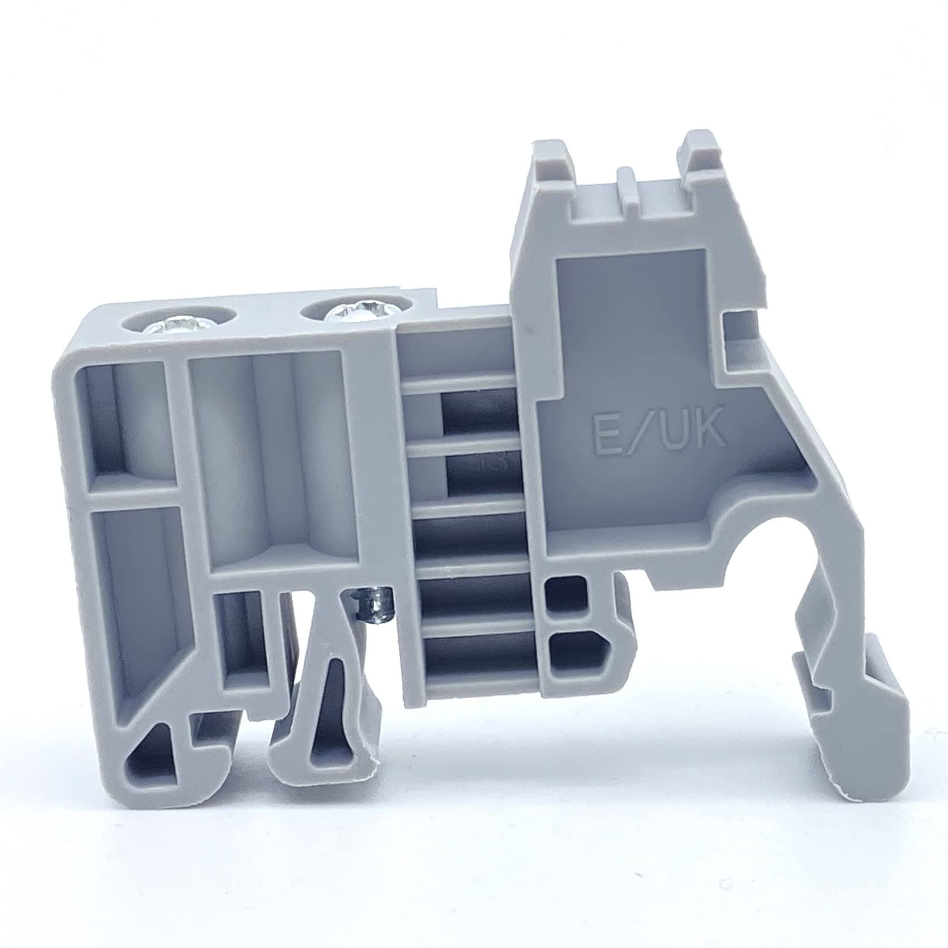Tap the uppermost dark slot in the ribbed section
[478, 415]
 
